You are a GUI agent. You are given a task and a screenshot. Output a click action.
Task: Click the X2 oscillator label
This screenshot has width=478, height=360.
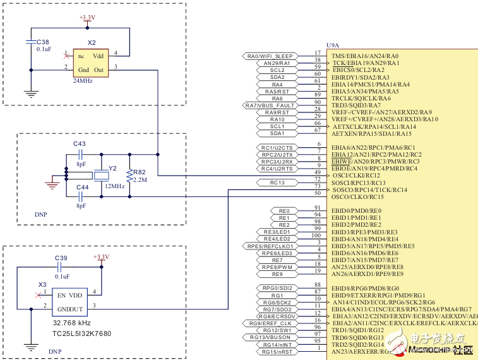pos(92,43)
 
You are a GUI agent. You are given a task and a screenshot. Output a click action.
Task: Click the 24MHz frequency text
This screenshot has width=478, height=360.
pos(83,81)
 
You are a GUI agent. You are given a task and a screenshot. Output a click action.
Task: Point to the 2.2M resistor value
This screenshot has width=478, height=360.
pos(140,180)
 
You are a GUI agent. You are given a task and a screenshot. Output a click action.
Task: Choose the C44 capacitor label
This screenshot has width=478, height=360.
pos(82,188)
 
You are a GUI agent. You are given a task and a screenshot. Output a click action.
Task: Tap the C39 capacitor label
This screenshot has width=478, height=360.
pos(61,258)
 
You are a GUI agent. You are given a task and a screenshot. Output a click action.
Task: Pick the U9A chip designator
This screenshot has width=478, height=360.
pos(332,45)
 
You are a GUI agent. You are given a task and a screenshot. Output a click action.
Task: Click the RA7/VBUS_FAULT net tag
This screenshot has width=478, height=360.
pos(270,105)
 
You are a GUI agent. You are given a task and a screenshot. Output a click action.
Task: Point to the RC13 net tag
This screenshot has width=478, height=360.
pos(278,183)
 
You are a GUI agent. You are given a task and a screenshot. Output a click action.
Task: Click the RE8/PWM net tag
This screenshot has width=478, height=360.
pos(277,267)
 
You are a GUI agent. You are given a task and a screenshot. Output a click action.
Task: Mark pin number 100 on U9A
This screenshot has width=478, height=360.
pos(316,236)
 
